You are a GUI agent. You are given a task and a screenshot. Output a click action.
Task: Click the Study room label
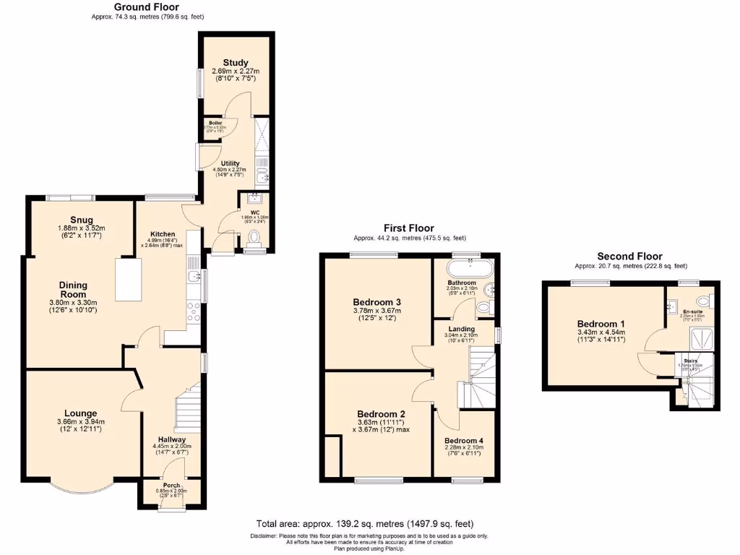tap(236, 63)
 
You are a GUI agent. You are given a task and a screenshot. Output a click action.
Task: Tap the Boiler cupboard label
tap(216, 123)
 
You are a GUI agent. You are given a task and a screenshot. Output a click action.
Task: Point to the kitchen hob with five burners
tap(194, 312)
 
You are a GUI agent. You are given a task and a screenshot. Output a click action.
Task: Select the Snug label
tap(82, 220)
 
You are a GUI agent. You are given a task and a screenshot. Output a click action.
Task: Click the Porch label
tap(172, 485)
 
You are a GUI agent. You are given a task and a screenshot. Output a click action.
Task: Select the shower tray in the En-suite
tap(699, 336)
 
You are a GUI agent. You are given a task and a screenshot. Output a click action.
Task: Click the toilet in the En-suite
tap(703, 301)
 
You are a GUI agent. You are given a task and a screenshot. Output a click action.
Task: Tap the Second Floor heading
tap(629, 256)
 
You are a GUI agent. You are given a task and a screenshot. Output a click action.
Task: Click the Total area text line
tap(365, 523)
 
